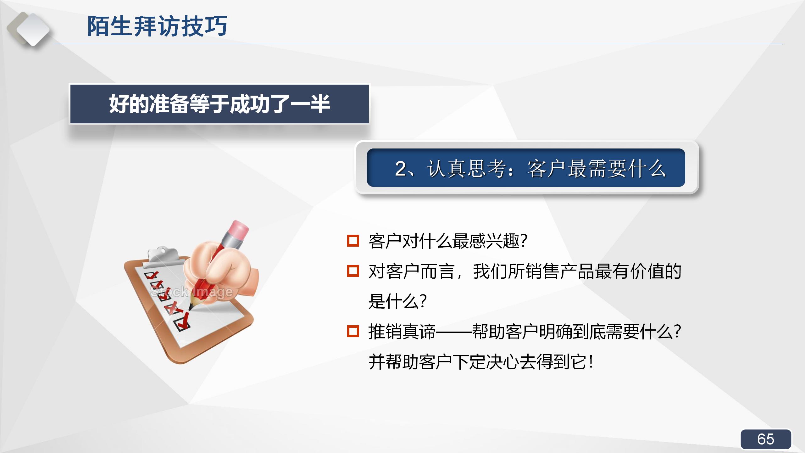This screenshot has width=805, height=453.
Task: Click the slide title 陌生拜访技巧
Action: coord(157,26)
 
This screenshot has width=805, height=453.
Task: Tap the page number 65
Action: coord(766,439)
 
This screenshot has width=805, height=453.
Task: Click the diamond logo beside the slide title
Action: coord(30,29)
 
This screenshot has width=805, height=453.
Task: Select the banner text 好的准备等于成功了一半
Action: coord(219,104)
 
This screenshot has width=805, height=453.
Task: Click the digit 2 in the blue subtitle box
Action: coord(401,169)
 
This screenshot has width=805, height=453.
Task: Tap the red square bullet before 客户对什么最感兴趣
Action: coord(353,241)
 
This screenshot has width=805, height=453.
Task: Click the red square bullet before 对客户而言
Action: coord(353,271)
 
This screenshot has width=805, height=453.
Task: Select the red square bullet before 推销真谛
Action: coord(353,331)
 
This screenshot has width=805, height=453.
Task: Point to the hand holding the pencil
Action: coord(220,271)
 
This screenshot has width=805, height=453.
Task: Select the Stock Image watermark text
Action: coord(191,292)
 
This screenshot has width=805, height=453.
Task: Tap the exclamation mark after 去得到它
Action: coord(591,362)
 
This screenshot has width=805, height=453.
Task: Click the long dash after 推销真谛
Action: coord(453,332)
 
